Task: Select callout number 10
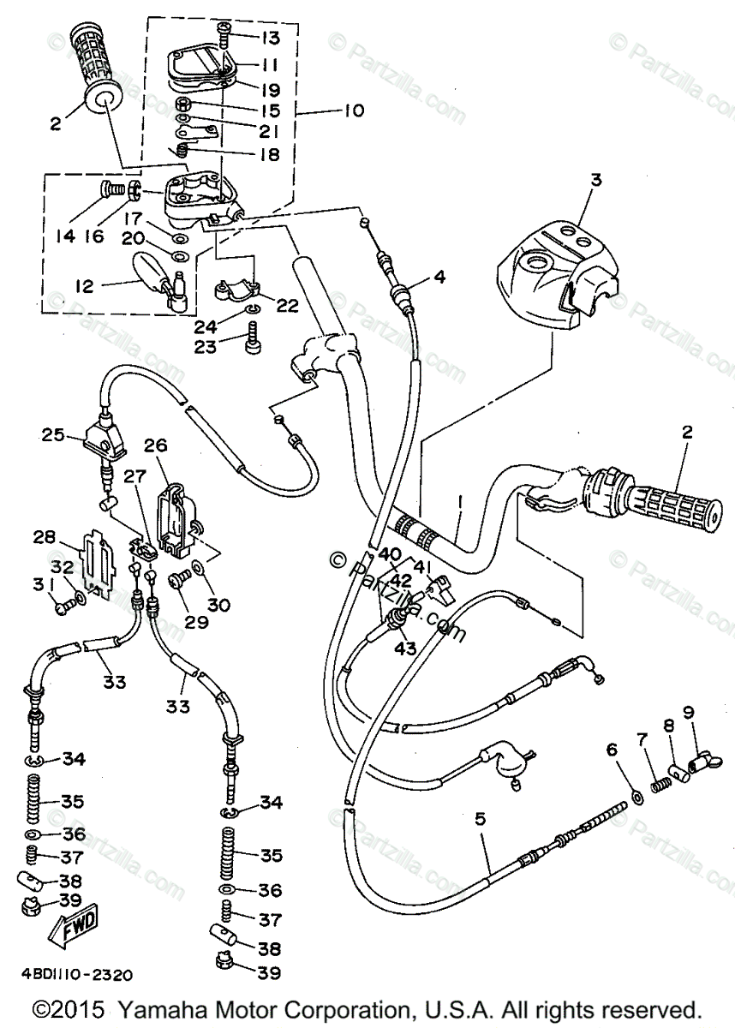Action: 352,111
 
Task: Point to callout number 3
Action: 596,181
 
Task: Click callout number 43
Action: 405,648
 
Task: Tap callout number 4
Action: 439,277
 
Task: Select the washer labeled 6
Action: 636,798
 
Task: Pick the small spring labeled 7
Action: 660,783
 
